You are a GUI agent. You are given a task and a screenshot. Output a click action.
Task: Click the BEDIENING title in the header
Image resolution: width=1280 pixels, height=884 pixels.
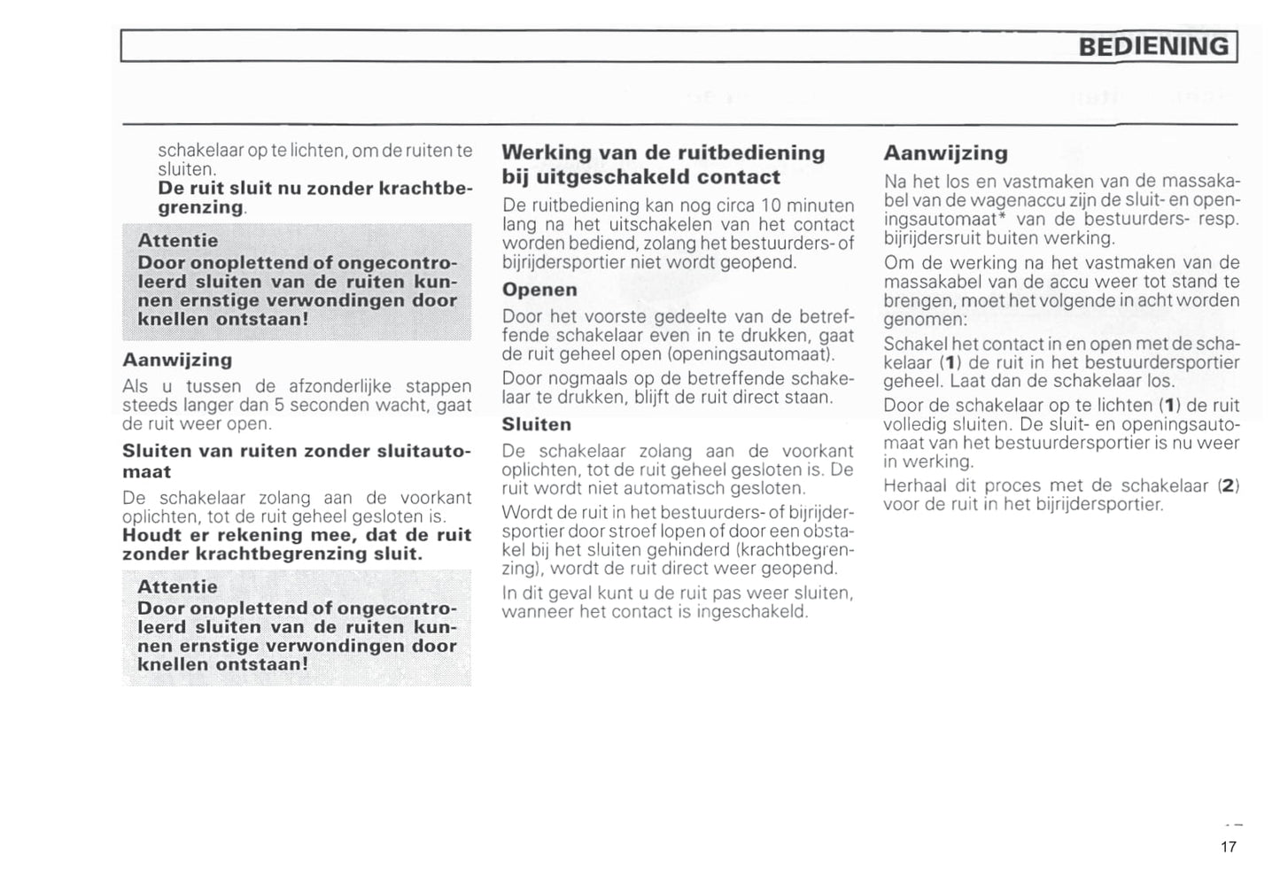(1154, 46)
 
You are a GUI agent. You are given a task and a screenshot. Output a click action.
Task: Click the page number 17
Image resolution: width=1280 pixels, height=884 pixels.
(1228, 847)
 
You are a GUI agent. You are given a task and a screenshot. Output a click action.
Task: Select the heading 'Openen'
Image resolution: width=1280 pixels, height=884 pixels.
(539, 290)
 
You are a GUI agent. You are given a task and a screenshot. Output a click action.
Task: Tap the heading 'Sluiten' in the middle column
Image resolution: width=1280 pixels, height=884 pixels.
(536, 424)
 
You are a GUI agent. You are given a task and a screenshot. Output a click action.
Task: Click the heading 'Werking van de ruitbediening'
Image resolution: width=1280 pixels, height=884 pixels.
(663, 153)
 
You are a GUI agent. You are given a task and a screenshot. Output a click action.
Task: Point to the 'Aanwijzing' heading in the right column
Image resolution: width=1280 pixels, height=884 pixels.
(945, 153)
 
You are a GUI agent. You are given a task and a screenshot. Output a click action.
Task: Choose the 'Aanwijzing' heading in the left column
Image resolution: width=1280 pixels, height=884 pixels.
(177, 360)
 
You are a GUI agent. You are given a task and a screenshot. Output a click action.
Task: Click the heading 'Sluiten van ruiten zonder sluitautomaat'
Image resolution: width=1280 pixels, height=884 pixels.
(296, 461)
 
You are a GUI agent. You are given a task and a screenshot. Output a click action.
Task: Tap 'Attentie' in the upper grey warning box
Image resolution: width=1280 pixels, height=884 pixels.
(177, 241)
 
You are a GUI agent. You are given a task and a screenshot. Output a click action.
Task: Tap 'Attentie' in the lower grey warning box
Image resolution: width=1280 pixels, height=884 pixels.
(177, 586)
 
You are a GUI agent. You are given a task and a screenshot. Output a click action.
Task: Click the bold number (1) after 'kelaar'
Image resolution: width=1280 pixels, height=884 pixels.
(950, 362)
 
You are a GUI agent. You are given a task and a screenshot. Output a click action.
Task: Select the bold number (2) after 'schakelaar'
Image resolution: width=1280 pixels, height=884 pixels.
(1229, 485)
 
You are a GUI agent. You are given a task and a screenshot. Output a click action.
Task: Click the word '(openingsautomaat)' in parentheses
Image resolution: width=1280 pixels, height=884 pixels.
(750, 354)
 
